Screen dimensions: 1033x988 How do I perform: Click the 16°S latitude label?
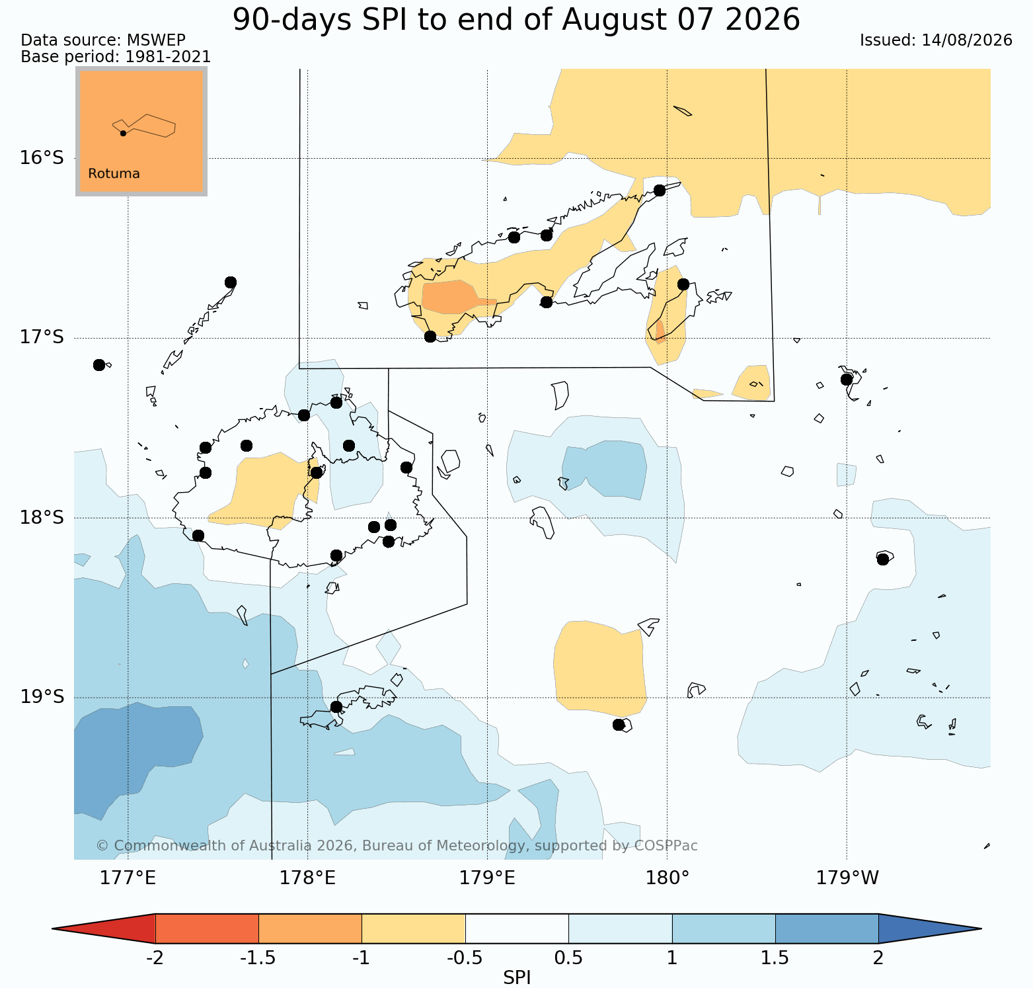click(42, 158)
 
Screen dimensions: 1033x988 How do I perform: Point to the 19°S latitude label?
click(42, 697)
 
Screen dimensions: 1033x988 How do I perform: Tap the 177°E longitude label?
click(128, 878)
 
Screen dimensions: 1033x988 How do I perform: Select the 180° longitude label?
click(667, 878)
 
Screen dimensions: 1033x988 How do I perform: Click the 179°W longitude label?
click(847, 878)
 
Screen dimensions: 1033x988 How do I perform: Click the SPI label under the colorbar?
click(517, 978)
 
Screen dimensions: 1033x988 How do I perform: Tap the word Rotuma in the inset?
click(114, 174)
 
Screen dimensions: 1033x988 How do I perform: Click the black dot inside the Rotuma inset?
click(123, 133)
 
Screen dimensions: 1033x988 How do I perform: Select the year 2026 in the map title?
click(762, 20)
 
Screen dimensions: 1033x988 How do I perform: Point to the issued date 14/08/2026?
click(967, 40)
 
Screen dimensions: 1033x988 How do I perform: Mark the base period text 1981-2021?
click(168, 57)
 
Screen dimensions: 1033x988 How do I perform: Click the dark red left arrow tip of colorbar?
click(53, 928)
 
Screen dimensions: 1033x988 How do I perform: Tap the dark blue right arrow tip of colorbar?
click(980, 928)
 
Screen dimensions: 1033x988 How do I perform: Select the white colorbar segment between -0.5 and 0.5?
click(517, 928)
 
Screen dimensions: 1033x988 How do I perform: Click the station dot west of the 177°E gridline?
click(99, 365)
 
